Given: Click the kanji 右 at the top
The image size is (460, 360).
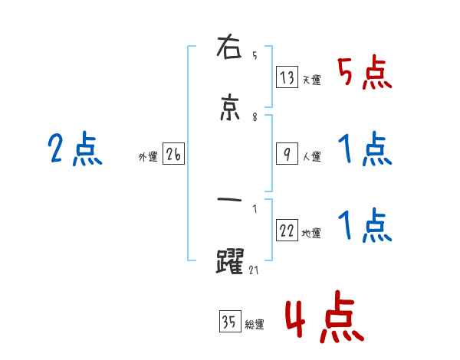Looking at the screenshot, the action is pyautogui.click(x=232, y=50).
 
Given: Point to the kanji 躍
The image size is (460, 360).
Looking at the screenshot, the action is pyautogui.click(x=232, y=261).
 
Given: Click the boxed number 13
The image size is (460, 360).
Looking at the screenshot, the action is pyautogui.click(x=287, y=77).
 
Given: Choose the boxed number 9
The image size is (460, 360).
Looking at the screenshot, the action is pyautogui.click(x=287, y=154).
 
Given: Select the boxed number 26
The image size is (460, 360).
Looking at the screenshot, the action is pyautogui.click(x=174, y=155).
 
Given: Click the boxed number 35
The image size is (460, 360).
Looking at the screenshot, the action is pyautogui.click(x=229, y=322).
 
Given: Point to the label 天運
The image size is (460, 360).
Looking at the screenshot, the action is pyautogui.click(x=311, y=80).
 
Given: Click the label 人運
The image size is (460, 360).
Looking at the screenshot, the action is pyautogui.click(x=311, y=156).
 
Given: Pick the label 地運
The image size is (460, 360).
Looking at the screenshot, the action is pyautogui.click(x=311, y=234).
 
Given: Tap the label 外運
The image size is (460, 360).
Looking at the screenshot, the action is pyautogui.click(x=148, y=157).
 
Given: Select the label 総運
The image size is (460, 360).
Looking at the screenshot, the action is pyautogui.click(x=254, y=325).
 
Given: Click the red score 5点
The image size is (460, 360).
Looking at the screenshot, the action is pyautogui.click(x=364, y=74).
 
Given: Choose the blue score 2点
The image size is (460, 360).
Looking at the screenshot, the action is pyautogui.click(x=74, y=149).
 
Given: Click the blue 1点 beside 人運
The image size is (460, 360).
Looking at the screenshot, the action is pyautogui.click(x=364, y=149).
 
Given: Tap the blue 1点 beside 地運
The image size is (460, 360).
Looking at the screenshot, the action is pyautogui.click(x=364, y=227).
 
